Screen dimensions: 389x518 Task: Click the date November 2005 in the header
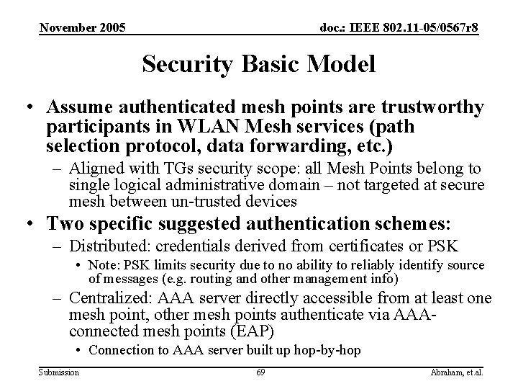(x=82, y=28)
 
